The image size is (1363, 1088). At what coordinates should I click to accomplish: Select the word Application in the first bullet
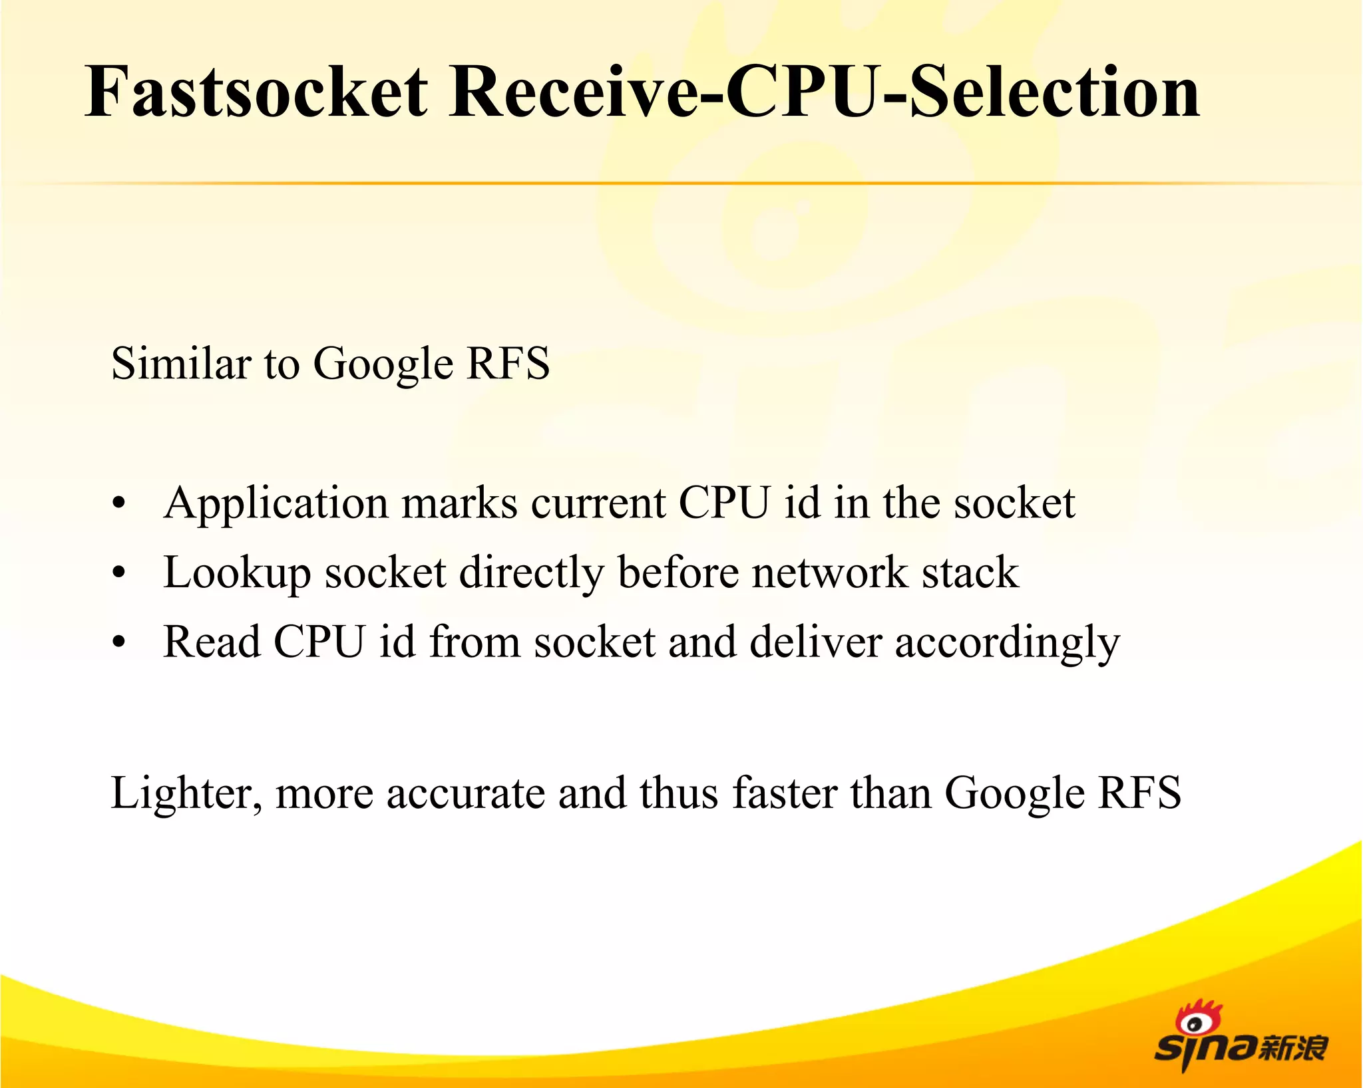pos(276,504)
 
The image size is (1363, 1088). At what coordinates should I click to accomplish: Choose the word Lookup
pos(237,573)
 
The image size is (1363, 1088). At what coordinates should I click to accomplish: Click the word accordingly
pos(1007,644)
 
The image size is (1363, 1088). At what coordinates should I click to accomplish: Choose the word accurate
pos(465,793)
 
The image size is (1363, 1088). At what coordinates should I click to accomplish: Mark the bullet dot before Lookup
pos(118,573)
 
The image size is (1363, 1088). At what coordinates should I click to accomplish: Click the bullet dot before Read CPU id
pos(118,642)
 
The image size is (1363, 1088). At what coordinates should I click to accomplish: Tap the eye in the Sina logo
pos(1195,1024)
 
